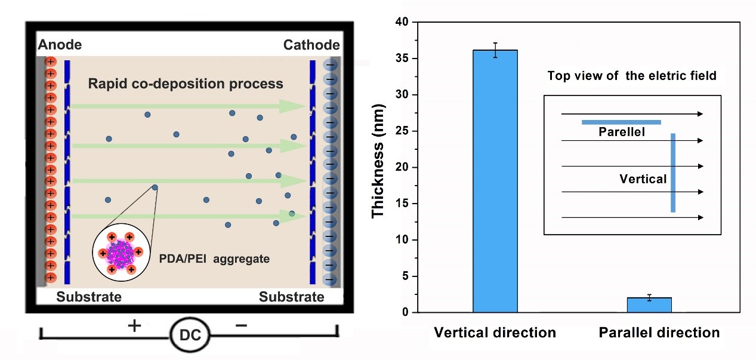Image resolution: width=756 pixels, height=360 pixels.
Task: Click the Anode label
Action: click(x=60, y=45)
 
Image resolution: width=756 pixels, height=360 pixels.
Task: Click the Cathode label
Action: click(x=311, y=45)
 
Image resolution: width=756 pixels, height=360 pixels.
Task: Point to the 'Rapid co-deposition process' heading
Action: click(x=186, y=84)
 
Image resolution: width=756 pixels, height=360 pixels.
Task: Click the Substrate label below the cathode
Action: click(x=292, y=297)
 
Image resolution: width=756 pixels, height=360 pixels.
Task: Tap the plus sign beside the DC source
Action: click(x=135, y=325)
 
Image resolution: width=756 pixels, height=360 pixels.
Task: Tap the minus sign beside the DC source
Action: click(x=241, y=325)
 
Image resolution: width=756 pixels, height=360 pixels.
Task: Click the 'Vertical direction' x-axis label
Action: click(x=495, y=333)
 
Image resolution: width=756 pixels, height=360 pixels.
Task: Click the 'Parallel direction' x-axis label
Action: click(x=659, y=333)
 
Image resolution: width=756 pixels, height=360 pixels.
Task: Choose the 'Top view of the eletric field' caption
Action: click(x=632, y=76)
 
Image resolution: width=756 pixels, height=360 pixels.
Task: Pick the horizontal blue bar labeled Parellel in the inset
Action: click(x=621, y=122)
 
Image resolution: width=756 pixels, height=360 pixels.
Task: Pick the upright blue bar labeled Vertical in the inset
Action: click(x=672, y=173)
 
